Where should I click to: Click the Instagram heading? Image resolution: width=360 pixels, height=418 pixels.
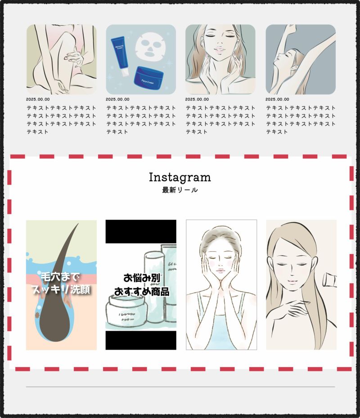pyautogui.click(x=180, y=177)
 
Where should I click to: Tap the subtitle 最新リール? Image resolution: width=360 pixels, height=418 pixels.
pyautogui.click(x=180, y=190)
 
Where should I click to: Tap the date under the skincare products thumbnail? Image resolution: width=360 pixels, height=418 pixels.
pyautogui.click(x=117, y=99)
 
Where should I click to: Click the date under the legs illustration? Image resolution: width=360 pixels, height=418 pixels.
pyautogui.click(x=38, y=99)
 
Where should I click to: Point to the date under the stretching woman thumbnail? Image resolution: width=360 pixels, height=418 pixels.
pyautogui.click(x=277, y=99)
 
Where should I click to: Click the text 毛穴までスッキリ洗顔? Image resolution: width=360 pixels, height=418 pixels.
pyautogui.click(x=61, y=283)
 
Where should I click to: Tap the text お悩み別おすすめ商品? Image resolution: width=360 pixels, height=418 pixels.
pyautogui.click(x=141, y=285)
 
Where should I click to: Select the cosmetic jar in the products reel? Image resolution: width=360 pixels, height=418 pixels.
pyautogui.click(x=126, y=313)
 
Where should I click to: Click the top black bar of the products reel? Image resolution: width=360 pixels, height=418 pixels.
pyautogui.click(x=141, y=227)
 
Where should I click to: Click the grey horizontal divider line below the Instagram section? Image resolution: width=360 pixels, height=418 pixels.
pyautogui.click(x=180, y=386)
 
